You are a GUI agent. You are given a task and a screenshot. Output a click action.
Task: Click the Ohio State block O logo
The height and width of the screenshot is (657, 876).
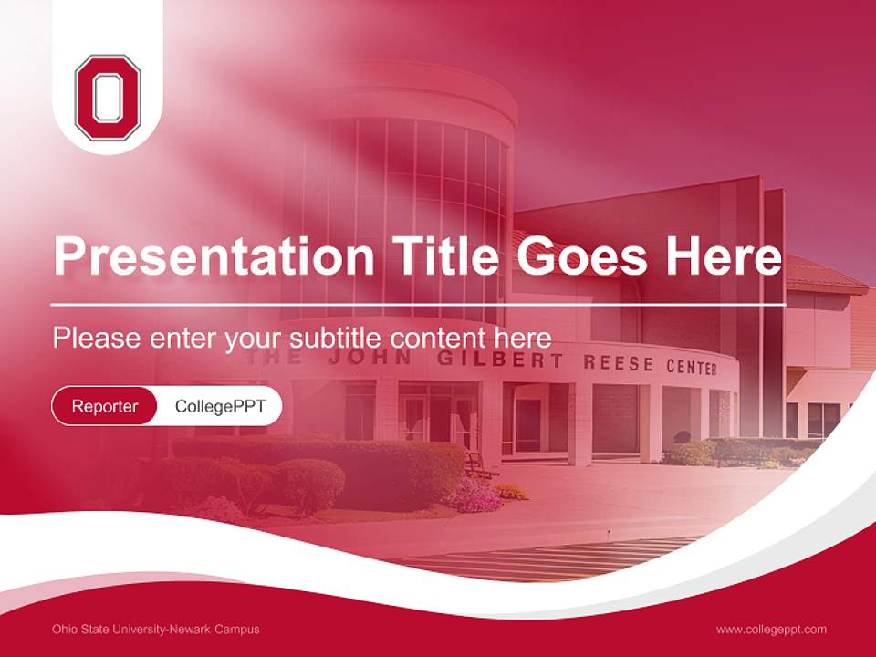(x=108, y=98)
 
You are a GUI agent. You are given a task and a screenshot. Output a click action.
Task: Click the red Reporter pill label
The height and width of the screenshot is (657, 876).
(x=105, y=406)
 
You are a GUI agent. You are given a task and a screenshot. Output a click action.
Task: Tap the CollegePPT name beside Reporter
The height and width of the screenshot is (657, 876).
(x=220, y=406)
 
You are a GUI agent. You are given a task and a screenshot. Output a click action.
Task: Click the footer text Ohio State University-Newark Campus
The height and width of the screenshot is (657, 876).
(x=156, y=629)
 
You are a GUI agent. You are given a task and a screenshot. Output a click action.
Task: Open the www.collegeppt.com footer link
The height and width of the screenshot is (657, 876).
(x=771, y=629)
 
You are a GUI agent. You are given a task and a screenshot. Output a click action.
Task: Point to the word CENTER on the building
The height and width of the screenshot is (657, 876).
(x=691, y=368)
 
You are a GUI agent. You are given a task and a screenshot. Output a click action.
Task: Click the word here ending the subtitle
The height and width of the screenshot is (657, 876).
(x=523, y=338)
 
